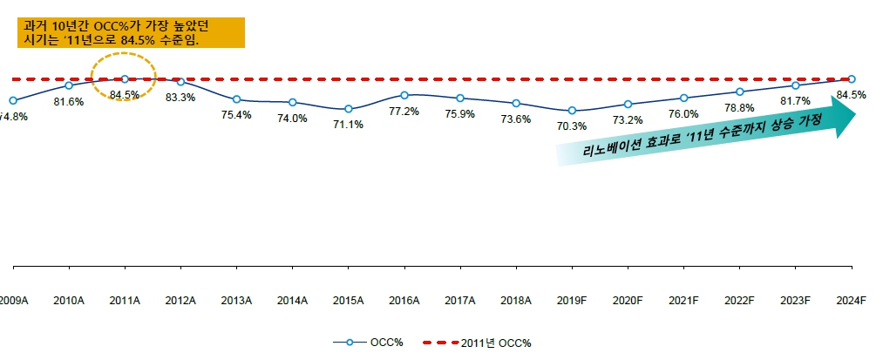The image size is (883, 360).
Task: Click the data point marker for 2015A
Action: (349, 109)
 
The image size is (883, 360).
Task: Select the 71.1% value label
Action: (349, 125)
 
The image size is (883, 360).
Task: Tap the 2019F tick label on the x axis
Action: (572, 301)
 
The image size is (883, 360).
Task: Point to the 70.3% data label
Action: (572, 126)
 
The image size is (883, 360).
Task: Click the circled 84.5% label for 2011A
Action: (125, 94)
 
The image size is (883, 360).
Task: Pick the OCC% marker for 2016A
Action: (404, 94)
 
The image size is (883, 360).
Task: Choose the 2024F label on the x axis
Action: (851, 301)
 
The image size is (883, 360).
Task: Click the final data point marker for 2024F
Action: (852, 79)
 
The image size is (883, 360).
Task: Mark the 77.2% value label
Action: (404, 111)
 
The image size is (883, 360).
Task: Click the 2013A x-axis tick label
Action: (236, 301)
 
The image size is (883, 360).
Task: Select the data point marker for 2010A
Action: (69, 85)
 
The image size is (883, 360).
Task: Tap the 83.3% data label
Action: (180, 97)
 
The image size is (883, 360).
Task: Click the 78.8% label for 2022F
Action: (739, 108)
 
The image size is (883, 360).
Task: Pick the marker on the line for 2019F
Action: (572, 111)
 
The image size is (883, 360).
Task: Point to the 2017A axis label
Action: (460, 301)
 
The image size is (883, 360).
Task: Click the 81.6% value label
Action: (69, 102)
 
